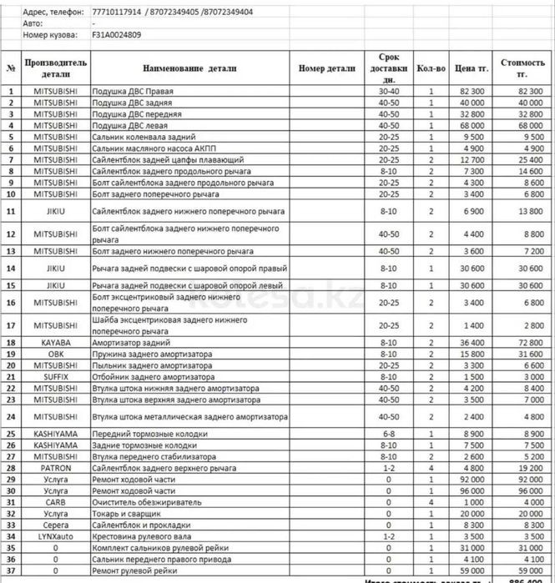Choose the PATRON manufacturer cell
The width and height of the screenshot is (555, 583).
pyautogui.click(x=56, y=468)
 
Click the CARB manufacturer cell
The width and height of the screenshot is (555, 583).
pyautogui.click(x=56, y=502)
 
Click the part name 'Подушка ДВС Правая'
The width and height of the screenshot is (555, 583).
pyautogui.click(x=129, y=90)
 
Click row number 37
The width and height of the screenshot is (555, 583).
pyautogui.click(x=11, y=570)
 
